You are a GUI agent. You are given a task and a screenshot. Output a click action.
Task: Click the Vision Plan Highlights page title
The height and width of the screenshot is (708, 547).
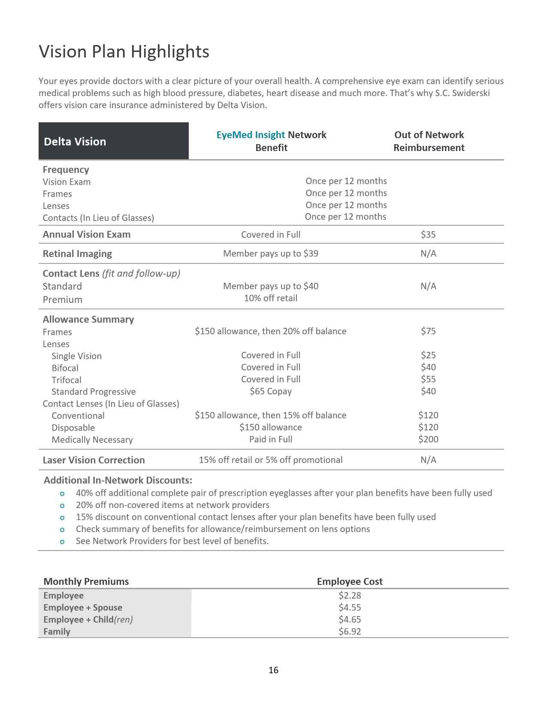click(x=124, y=51)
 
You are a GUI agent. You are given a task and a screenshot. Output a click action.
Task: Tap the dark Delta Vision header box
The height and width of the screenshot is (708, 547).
click(x=113, y=141)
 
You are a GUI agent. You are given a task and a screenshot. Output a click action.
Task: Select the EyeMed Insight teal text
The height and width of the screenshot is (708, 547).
click(x=251, y=135)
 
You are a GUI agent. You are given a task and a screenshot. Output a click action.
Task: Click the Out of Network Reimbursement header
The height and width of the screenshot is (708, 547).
click(x=429, y=141)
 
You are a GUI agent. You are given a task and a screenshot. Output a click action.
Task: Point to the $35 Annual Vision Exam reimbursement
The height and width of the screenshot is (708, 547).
click(x=428, y=235)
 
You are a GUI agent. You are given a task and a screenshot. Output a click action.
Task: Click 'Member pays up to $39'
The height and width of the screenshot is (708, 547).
click(x=271, y=254)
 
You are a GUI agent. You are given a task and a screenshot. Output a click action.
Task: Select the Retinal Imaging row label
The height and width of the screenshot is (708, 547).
click(x=77, y=254)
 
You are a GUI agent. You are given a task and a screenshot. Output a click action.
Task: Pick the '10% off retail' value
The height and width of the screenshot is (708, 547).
click(x=271, y=298)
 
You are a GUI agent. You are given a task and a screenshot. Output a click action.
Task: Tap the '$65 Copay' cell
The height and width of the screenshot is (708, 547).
click(x=271, y=391)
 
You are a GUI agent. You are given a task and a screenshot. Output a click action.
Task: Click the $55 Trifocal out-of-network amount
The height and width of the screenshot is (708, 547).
click(x=428, y=379)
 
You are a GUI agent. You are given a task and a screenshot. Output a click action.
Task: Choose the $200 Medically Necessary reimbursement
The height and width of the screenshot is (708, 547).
click(x=428, y=439)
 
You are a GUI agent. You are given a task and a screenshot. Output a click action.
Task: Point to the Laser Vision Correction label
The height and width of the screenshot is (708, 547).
click(x=94, y=460)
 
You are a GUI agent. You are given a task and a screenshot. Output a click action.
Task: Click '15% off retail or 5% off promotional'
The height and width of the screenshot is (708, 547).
click(x=271, y=460)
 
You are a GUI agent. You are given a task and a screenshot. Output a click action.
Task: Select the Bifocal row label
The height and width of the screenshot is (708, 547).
click(x=65, y=368)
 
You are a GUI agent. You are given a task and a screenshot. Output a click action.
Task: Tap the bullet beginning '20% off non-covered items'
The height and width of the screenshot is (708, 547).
click(x=172, y=505)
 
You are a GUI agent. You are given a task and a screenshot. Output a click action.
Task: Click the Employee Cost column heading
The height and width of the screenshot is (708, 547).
click(x=350, y=581)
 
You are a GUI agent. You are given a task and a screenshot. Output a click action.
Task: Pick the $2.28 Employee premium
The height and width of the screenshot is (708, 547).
click(x=350, y=596)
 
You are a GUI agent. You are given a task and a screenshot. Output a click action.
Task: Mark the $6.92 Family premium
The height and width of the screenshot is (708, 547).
click(x=350, y=632)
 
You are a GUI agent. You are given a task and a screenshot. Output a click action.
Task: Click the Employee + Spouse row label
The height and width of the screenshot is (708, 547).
click(x=83, y=608)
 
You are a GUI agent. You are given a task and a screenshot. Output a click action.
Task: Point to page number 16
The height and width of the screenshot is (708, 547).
click(x=273, y=670)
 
